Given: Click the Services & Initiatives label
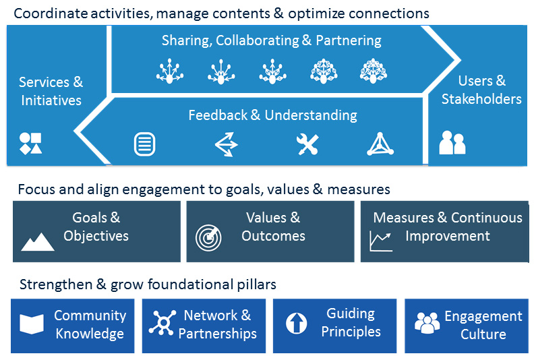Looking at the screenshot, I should click(51, 91).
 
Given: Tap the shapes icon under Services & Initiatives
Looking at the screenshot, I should click(30, 143).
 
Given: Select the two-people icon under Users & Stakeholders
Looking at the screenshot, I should click(452, 143).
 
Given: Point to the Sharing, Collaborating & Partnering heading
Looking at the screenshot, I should click(271, 40).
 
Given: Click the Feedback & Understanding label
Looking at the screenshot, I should click(272, 115).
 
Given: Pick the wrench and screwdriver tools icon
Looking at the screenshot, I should click(307, 144).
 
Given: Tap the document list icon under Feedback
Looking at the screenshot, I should click(144, 144).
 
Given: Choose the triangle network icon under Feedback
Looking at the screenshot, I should click(380, 144).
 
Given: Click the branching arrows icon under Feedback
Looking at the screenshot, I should click(226, 144).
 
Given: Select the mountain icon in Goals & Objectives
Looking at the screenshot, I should click(38, 241).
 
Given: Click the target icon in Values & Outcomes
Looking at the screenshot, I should click(208, 237).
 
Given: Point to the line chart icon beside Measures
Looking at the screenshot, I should click(381, 240).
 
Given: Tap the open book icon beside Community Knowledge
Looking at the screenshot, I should click(31, 324).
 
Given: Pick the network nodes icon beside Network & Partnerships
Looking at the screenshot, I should click(162, 324).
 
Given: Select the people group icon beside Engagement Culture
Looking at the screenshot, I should click(427, 323).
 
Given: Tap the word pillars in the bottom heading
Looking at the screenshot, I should click(256, 284).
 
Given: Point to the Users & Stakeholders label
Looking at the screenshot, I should click(481, 90).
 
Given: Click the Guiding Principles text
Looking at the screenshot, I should click(351, 322).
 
